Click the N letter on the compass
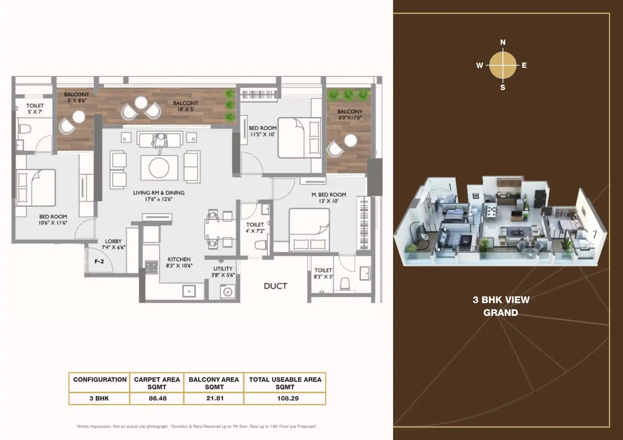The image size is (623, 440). [503, 42]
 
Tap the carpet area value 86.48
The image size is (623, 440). [158, 398]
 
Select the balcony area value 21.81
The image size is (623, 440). [215, 398]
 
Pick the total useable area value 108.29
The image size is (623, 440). [288, 398]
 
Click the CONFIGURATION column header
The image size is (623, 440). [100, 379]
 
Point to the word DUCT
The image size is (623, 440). [275, 286]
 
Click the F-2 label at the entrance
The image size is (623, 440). [99, 262]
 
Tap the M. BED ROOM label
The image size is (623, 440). [329, 195]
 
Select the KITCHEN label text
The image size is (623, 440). [179, 259]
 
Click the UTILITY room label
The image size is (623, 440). [223, 269]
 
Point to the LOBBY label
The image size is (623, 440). [113, 241]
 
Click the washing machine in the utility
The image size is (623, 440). [228, 292]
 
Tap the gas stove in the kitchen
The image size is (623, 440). [151, 267]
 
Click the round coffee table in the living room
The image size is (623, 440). [159, 168]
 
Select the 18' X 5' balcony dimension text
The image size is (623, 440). [186, 109]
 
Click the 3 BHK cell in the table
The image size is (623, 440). [99, 398]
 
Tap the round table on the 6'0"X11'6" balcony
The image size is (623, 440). [350, 141]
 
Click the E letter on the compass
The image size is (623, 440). [524, 65]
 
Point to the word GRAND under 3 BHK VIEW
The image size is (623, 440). [501, 313]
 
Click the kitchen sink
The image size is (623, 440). [189, 291]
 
